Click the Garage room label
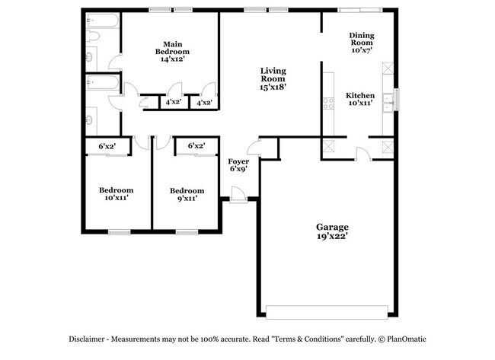point(333,227)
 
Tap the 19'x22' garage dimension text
point(333,237)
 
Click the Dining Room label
point(361,40)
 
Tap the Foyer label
point(239,161)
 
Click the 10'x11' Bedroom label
point(116,190)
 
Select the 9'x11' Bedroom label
point(187,190)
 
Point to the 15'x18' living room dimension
point(273,88)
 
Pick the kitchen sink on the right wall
point(388,99)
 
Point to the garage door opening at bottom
point(327,311)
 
